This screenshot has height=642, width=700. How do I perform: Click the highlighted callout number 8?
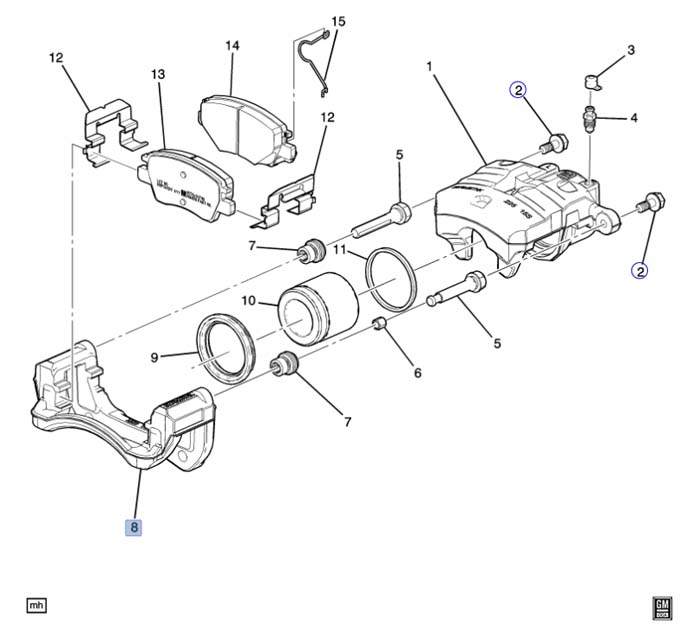(133, 526)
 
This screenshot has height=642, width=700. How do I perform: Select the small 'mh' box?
(37, 605)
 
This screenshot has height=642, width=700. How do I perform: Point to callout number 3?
(631, 49)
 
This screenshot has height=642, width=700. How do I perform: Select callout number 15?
(337, 21)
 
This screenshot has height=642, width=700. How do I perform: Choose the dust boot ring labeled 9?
(227, 346)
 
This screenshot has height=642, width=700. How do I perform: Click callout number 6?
(417, 373)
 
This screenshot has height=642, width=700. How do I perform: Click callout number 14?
(232, 46)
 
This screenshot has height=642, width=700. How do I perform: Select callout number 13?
(157, 74)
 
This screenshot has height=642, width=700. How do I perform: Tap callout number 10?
(249, 299)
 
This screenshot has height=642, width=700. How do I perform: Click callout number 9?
(155, 355)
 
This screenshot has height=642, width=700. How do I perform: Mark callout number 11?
(339, 248)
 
